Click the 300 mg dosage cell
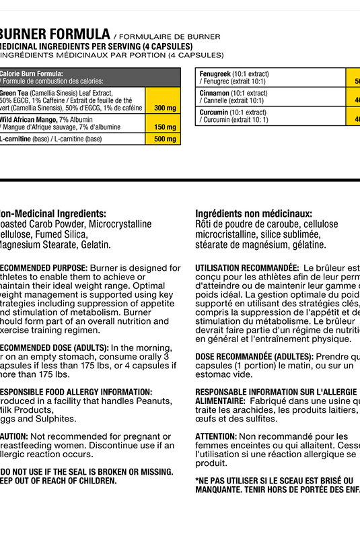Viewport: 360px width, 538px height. [164, 108]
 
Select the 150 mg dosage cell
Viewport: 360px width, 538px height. [164, 127]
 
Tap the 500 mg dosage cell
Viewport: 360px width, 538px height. [164, 139]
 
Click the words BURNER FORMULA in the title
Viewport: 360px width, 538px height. [55, 34]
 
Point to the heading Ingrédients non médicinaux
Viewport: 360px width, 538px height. [253, 213]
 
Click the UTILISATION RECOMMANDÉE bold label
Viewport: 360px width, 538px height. [246, 268]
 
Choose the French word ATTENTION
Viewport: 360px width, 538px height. [216, 437]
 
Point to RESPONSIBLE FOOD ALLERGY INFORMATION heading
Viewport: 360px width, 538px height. [74, 392]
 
